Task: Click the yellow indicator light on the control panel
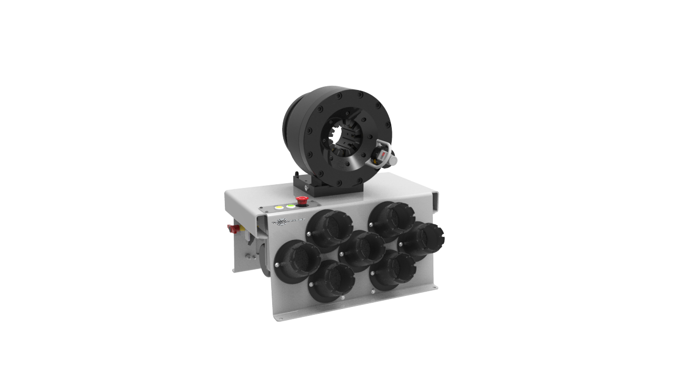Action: pyautogui.click(x=279, y=208)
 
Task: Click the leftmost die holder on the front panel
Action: pyautogui.click(x=296, y=260)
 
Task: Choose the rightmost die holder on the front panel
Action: pyautogui.click(x=421, y=241)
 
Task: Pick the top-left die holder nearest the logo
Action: pyautogui.click(x=329, y=229)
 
